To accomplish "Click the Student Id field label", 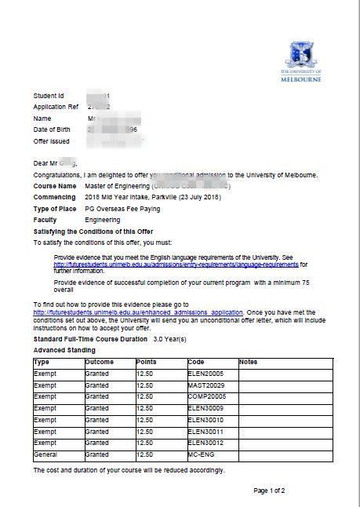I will (49, 96).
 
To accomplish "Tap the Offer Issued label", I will (52, 141).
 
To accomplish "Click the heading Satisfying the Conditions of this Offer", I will (93, 232).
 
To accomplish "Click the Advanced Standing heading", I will (64, 350).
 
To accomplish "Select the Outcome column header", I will (100, 362).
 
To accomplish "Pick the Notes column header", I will (248, 362).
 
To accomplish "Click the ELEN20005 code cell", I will (206, 374).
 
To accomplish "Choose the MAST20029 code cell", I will (206, 385).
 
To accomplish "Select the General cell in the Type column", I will (45, 454).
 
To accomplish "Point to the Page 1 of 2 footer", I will (269, 491).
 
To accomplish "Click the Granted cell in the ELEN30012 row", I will (97, 443).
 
